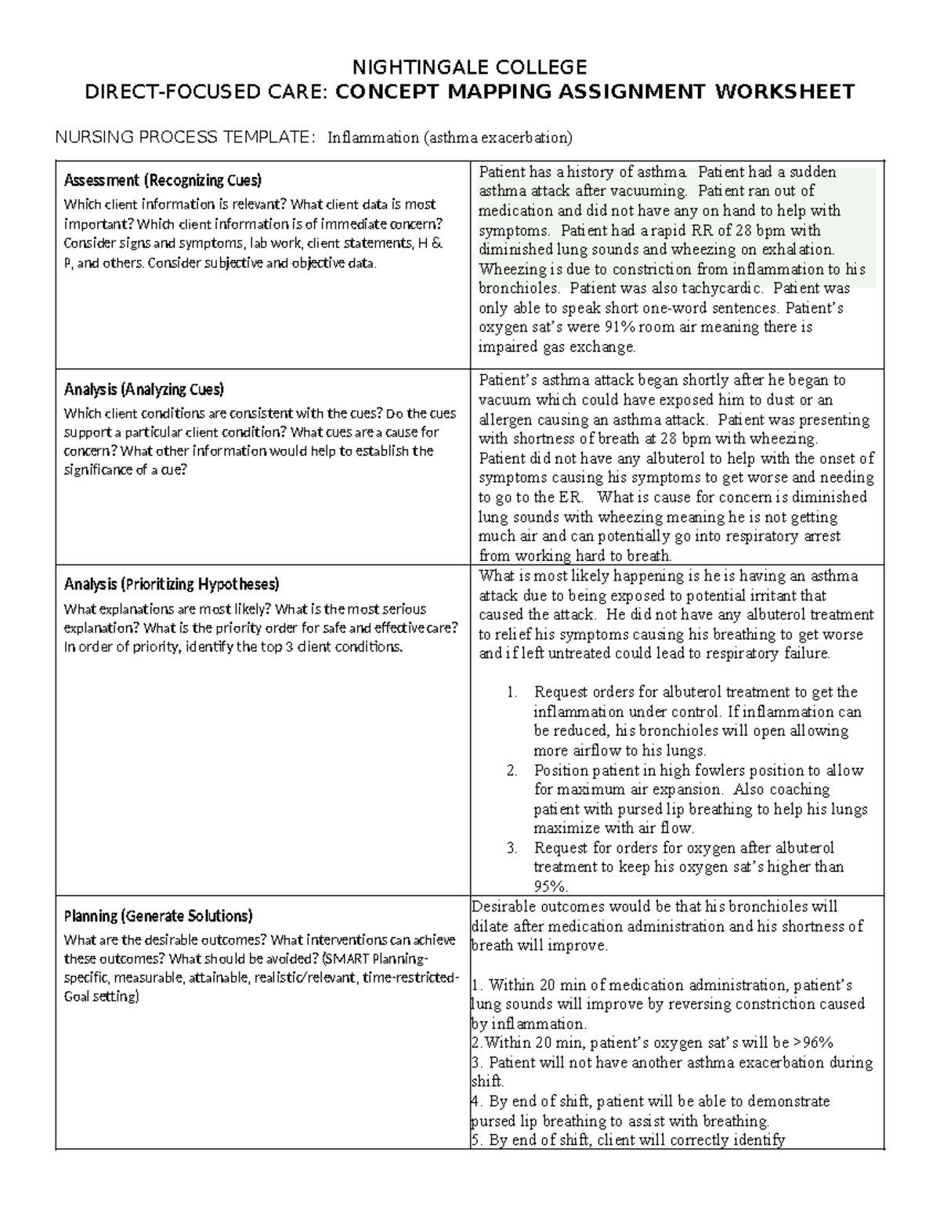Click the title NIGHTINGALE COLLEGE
click(469, 66)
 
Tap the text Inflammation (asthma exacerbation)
click(450, 138)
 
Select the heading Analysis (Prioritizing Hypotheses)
click(171, 584)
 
